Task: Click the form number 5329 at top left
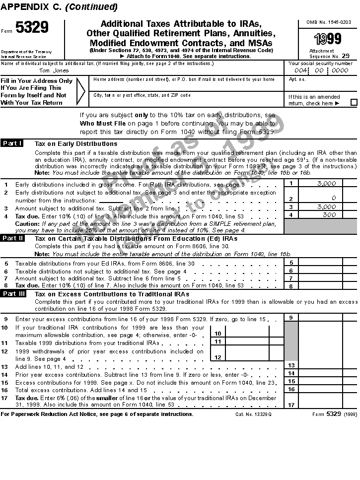coord(32,28)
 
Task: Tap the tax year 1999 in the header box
coord(327,39)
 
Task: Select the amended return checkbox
coord(354,103)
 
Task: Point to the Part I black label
coord(12,143)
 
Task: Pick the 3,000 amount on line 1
coord(327,183)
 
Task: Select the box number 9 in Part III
coord(291,317)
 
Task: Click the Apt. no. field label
coord(297,79)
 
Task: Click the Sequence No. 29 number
coord(345,57)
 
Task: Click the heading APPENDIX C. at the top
coord(31,7)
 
